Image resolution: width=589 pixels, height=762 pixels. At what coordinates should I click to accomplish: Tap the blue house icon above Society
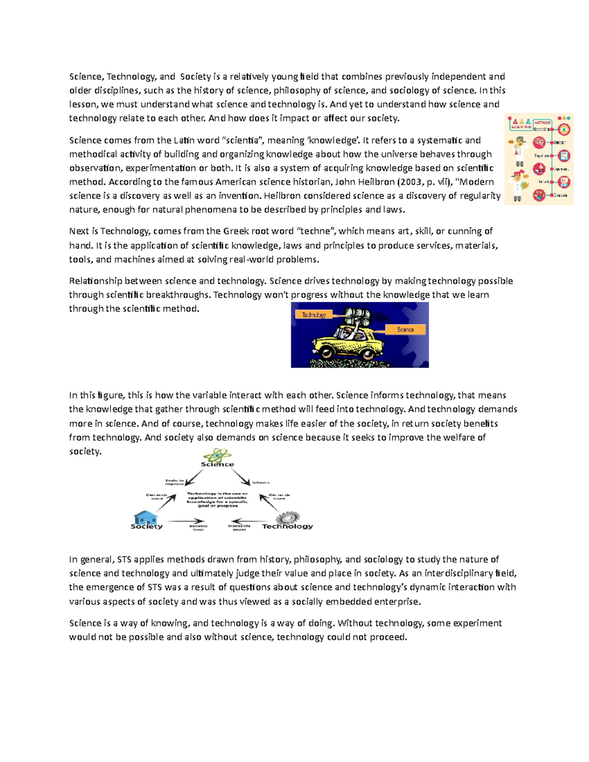(145, 517)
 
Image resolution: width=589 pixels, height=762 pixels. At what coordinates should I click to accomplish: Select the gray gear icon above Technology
(288, 517)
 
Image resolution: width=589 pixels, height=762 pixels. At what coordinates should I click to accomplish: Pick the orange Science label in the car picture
(405, 330)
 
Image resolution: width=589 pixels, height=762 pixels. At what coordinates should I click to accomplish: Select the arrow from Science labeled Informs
(240, 476)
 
